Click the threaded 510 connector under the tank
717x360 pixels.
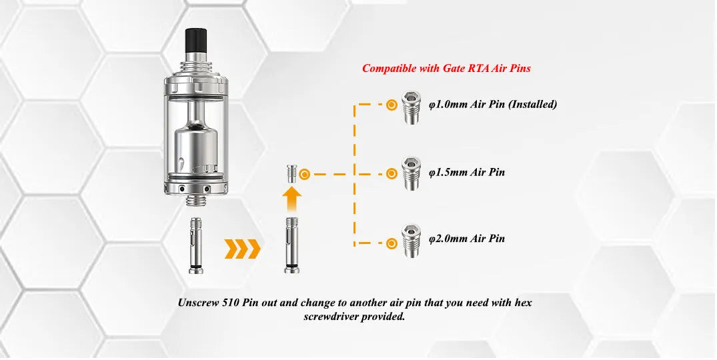click(x=196, y=199)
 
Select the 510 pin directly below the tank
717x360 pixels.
click(x=196, y=245)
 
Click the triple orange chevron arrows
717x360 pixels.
click(x=242, y=249)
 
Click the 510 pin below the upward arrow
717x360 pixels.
click(x=293, y=245)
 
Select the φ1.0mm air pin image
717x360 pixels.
click(x=411, y=107)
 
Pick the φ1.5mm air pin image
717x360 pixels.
click(x=411, y=173)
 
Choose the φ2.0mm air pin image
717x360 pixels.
click(x=411, y=241)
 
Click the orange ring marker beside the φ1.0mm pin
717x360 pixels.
click(x=392, y=105)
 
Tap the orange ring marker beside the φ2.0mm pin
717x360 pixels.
click(x=392, y=243)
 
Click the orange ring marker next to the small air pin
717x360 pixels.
click(x=305, y=174)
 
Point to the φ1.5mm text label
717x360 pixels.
click(x=467, y=172)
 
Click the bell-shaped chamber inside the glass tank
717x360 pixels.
click(x=196, y=141)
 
